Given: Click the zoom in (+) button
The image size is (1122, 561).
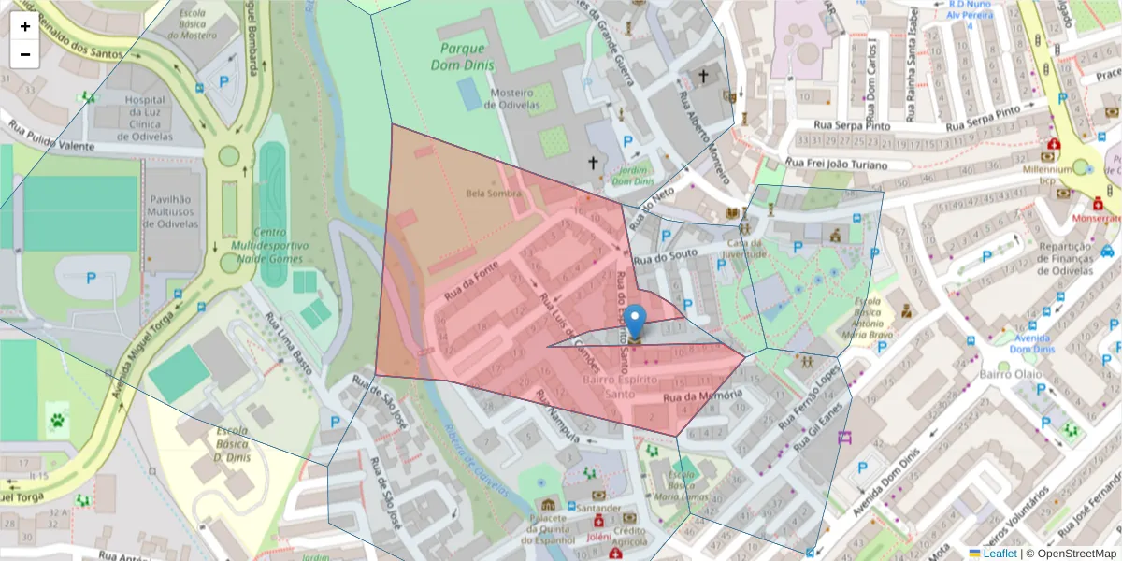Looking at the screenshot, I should pos(25,26).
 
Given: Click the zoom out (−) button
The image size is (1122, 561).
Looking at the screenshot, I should pos(25,54).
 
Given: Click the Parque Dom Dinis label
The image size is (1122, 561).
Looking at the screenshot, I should pos(458,56).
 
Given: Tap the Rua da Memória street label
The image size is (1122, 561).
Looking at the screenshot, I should pos(702,396).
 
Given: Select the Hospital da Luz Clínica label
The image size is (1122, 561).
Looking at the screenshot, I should pos(145,118).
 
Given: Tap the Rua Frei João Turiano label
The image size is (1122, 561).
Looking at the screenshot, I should pos(847,164).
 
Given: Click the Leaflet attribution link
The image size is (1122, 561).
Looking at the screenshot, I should pos(999,554).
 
